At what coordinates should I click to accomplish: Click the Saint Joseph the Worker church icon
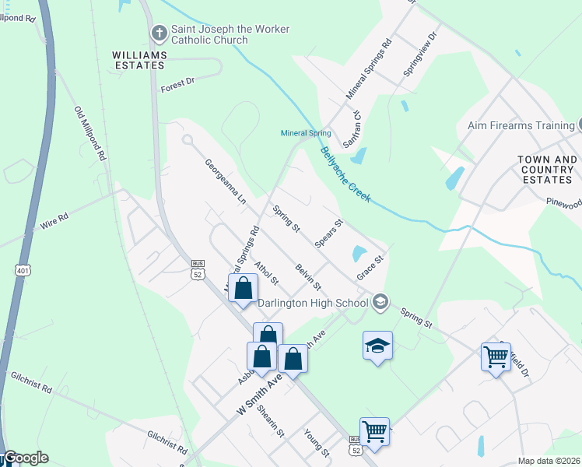click(x=159, y=33)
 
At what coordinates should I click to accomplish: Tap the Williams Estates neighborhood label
click(x=139, y=61)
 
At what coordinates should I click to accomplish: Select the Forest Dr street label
click(x=176, y=88)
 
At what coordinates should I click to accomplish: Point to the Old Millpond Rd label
click(x=89, y=133)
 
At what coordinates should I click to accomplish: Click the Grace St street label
click(x=371, y=268)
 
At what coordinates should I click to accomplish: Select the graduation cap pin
click(x=377, y=345)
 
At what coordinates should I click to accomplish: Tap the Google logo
click(x=26, y=458)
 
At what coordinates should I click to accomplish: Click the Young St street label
click(x=317, y=443)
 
